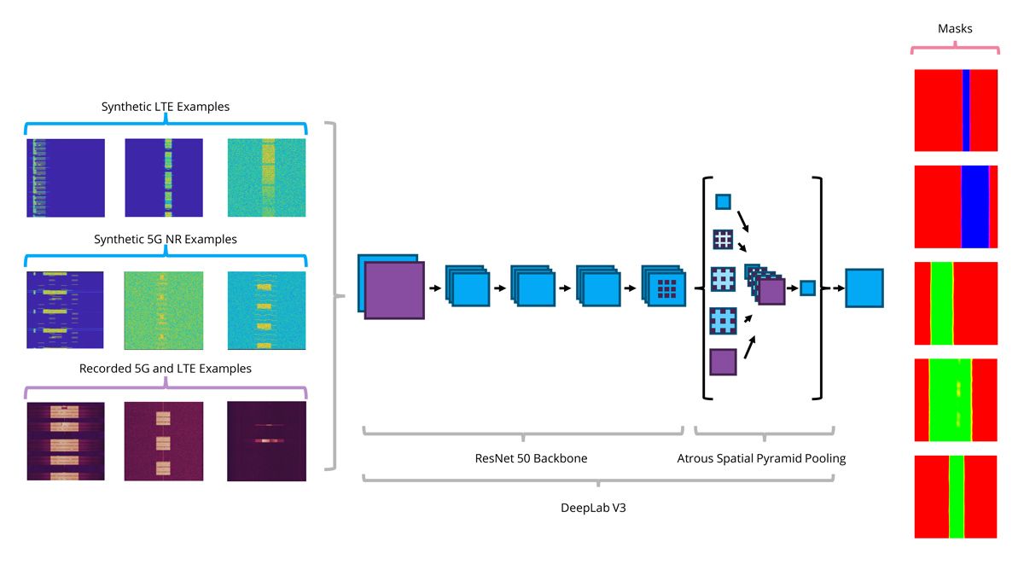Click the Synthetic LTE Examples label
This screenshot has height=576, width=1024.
[166, 107]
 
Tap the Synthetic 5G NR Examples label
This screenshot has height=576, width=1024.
[166, 239]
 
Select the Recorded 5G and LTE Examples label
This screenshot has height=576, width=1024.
[166, 369]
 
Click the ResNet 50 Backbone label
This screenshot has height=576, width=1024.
[531, 458]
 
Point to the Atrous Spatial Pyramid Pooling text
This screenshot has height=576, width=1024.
[761, 458]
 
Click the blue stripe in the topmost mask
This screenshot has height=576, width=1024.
[966, 111]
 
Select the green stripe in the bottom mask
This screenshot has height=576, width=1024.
[956, 497]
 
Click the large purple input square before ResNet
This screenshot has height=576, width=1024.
[394, 291]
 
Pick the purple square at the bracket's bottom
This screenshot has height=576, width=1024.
[723, 362]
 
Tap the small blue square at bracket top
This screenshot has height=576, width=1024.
[723, 202]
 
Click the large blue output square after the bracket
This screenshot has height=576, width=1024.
[864, 288]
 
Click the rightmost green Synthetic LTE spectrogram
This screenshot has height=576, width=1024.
[266, 177]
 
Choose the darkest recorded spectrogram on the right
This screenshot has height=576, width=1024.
[266, 441]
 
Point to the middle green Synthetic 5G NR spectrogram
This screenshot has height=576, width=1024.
[164, 311]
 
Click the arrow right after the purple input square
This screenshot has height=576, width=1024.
[434, 288]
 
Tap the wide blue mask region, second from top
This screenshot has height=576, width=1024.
[975, 207]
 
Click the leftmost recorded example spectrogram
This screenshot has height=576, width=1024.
[66, 441]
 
